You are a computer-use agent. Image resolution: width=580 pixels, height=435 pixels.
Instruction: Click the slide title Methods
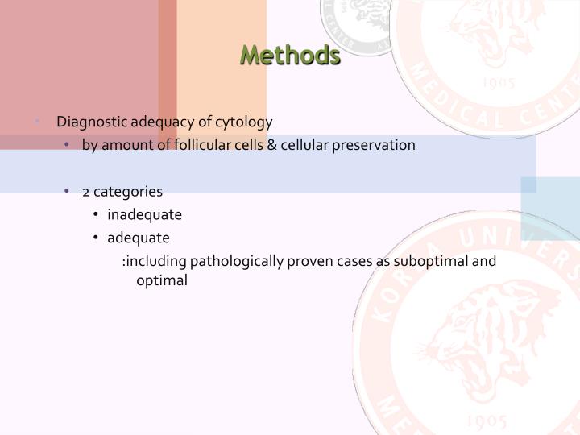tap(290, 56)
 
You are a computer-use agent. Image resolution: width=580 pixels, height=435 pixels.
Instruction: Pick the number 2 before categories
tap(85, 192)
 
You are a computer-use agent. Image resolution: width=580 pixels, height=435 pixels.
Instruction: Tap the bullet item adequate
tap(139, 238)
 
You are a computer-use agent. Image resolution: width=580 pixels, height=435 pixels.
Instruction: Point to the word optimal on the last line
tap(162, 281)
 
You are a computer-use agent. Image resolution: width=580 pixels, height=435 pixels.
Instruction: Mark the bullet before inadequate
tap(97, 215)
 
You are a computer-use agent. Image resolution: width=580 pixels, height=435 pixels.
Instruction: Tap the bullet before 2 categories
tap(70, 192)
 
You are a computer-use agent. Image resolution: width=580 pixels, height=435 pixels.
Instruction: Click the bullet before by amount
tap(70, 146)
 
